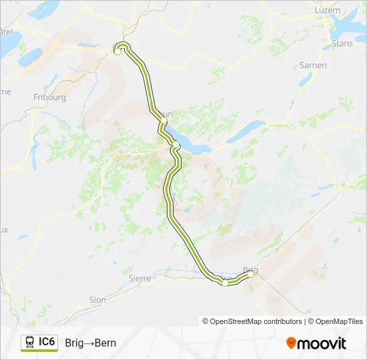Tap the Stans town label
pos(342,44)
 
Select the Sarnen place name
pos(313,65)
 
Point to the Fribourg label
pos(49,97)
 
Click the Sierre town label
pos(139,278)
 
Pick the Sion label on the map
pos(97,300)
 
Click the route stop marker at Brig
pos(251,273)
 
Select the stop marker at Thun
pos(163,121)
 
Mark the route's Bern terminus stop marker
pos(117,51)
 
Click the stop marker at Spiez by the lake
pos(175,144)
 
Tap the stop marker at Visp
pos(226,283)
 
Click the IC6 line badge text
pos(47,342)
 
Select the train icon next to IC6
pos(30,343)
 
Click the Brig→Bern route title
pos(91,343)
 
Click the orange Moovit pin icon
pos(292,343)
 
